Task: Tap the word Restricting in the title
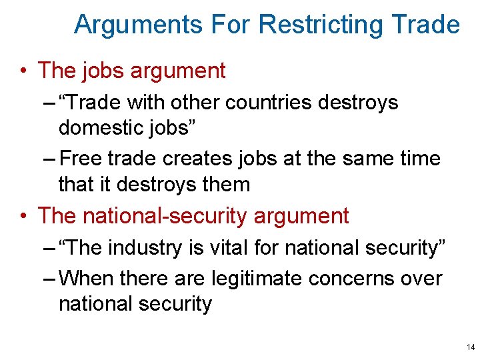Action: coord(321,25)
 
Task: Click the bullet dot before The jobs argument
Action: coord(25,71)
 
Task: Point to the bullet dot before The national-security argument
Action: coord(25,216)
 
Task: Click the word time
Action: coord(417,159)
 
